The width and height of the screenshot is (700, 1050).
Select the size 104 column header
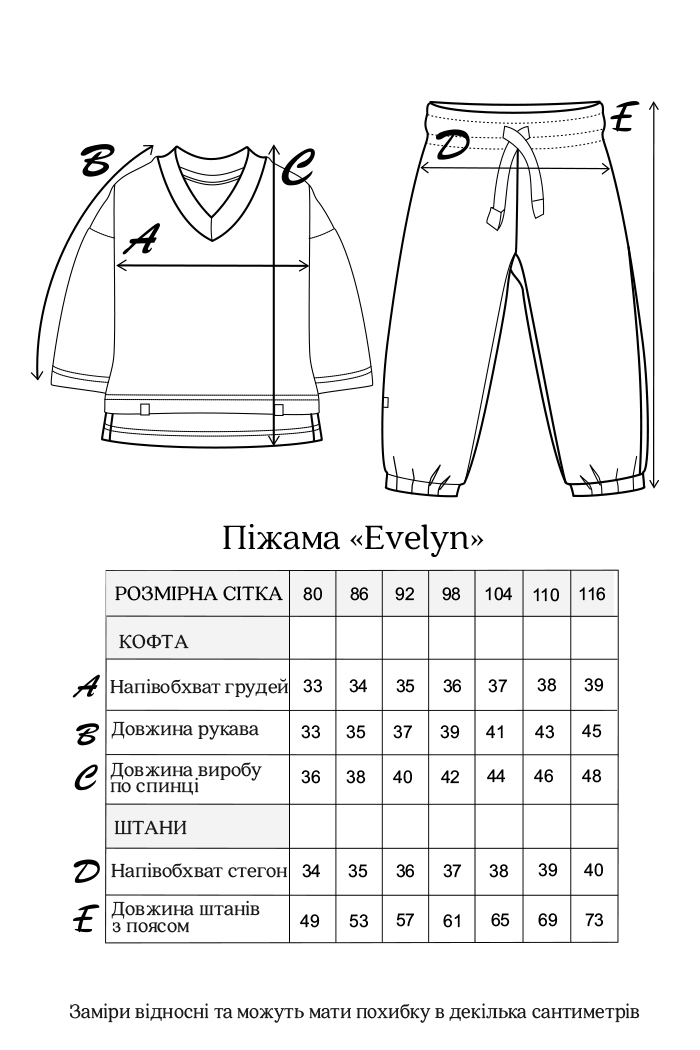498,593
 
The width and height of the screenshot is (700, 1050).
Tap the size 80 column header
312,593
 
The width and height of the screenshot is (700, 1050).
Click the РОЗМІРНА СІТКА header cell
198,593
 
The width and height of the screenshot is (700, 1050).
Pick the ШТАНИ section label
152,829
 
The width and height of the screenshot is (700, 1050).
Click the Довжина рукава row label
185,729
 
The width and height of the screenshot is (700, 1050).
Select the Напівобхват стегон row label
199,871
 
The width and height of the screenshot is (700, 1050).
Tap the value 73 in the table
593,919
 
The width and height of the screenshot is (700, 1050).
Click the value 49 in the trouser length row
310,920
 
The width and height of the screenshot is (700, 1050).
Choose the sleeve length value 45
592,731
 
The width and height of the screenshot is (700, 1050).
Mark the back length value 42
451,777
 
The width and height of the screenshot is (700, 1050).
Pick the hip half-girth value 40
593,871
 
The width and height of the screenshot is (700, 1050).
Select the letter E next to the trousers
622,117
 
